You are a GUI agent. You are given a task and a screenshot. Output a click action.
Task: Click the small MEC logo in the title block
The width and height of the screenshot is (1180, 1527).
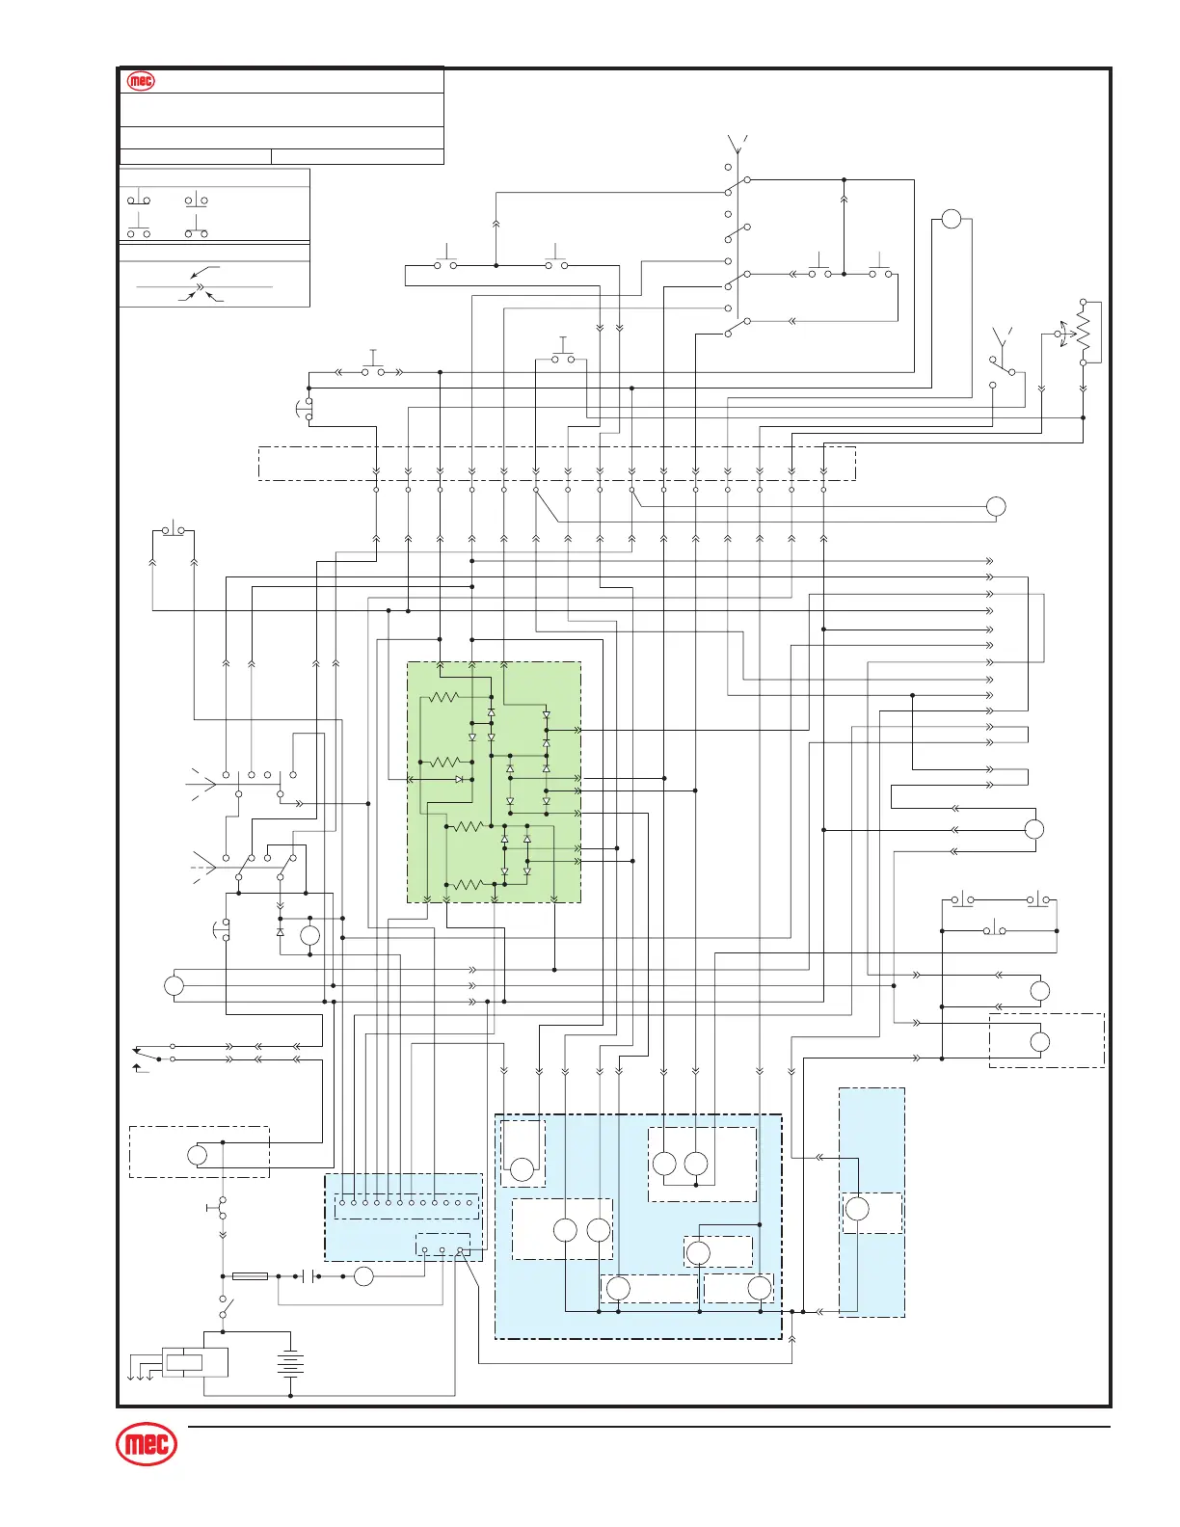(x=141, y=82)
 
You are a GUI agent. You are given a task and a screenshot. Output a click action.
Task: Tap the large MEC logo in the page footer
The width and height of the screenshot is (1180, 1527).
(x=147, y=1444)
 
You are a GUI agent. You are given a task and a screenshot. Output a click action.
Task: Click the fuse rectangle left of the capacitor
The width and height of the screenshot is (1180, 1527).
(x=251, y=1276)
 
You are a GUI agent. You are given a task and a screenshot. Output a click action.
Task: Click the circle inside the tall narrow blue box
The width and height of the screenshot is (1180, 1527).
(x=856, y=1209)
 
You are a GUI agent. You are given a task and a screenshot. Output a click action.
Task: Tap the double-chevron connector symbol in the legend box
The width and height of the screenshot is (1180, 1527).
(x=200, y=287)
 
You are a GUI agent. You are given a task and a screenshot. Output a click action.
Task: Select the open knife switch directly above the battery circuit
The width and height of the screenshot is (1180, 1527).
(x=225, y=1308)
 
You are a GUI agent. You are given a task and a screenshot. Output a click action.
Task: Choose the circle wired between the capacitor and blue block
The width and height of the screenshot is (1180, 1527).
(x=363, y=1276)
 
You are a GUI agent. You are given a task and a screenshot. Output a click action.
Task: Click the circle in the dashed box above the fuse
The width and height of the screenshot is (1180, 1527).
(x=197, y=1155)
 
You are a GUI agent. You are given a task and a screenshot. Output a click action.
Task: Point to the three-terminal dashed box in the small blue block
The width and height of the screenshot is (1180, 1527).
(x=442, y=1246)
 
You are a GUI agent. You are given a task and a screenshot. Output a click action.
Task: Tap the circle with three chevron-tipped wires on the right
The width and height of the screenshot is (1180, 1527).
(x=1033, y=829)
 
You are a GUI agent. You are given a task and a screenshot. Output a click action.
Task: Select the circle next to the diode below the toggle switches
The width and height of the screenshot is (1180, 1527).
(x=309, y=935)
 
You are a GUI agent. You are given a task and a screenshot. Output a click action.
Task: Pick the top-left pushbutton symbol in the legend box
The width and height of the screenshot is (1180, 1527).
(x=139, y=200)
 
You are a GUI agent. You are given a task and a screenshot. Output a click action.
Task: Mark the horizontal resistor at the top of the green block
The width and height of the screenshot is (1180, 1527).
(x=444, y=697)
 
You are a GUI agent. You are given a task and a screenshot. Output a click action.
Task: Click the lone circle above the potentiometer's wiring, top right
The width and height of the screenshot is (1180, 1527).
(x=951, y=219)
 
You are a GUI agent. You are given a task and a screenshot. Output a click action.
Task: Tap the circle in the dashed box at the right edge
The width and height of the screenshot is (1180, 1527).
(x=1039, y=1042)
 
